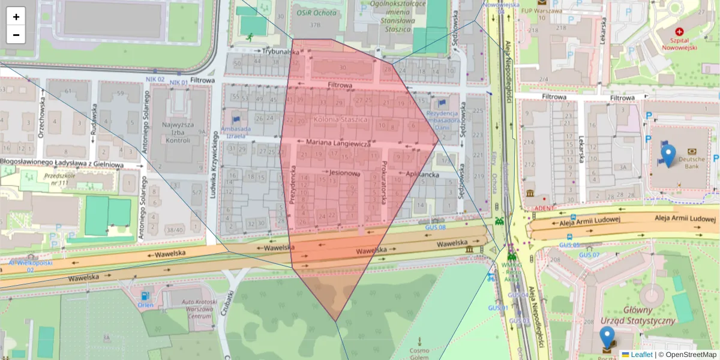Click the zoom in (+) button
(16, 17)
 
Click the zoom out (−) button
(16, 35)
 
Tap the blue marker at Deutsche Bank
(667, 155)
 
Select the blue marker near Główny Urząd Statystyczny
(607, 337)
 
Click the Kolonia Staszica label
(340, 119)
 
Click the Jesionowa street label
(344, 173)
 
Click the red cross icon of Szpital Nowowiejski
(679, 31)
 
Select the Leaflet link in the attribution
(641, 355)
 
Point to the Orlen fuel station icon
(145, 296)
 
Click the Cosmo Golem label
(419, 353)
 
